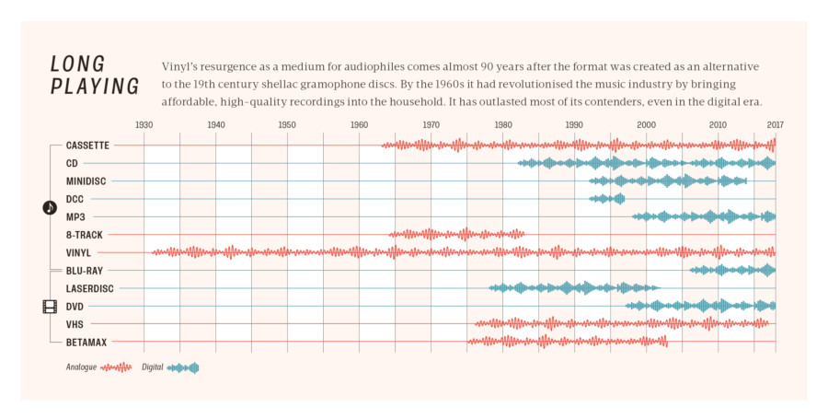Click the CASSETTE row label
click(87, 145)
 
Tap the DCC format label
click(75, 199)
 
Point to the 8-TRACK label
click(84, 235)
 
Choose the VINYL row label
click(78, 252)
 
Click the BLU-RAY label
click(84, 271)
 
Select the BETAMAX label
click(86, 343)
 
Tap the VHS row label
click(75, 324)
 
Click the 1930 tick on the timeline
click(144, 124)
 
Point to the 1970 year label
click(431, 124)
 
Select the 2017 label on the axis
click(775, 124)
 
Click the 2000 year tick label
click(646, 124)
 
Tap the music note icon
click(50, 208)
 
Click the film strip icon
click(50, 307)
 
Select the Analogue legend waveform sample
click(117, 367)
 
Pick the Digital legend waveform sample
click(183, 367)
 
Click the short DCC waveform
click(607, 199)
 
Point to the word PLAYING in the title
click(95, 87)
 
